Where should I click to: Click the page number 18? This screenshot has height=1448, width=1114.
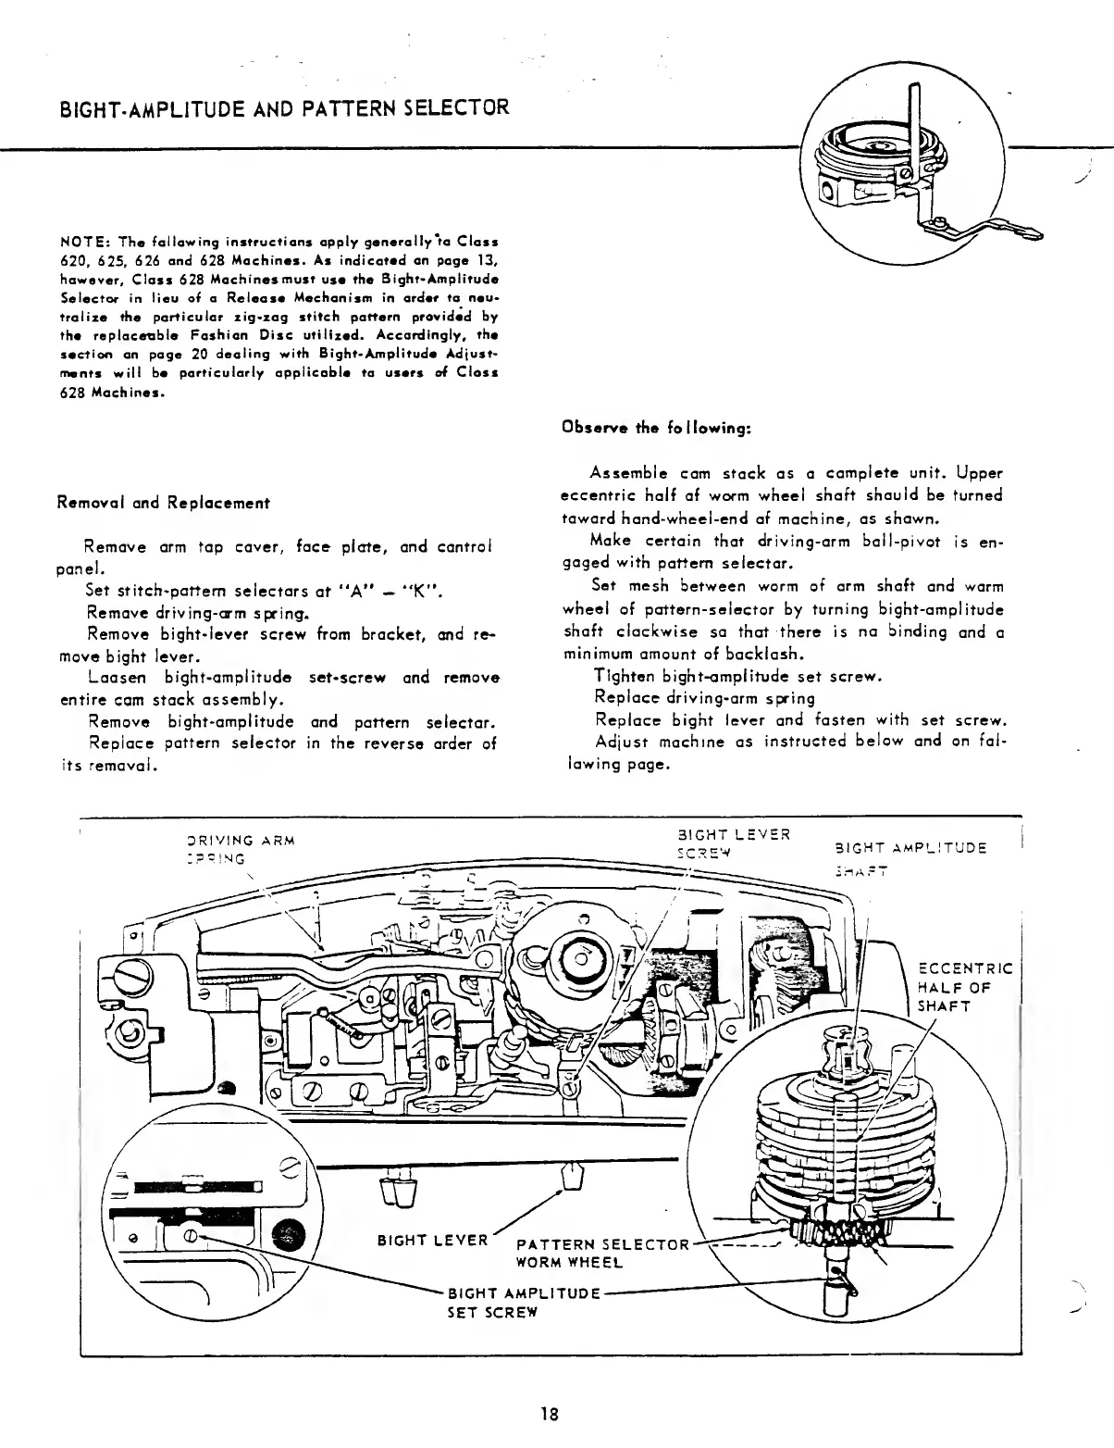point(550,1414)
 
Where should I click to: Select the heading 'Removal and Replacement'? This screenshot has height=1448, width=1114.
point(163,504)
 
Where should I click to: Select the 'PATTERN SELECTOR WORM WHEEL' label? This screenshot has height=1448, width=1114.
point(602,1252)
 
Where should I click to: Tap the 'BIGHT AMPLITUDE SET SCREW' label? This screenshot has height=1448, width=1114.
point(525,1301)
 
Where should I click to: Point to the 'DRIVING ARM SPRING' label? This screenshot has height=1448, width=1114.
point(239,849)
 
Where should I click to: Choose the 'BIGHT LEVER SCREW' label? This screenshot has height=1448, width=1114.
point(733,843)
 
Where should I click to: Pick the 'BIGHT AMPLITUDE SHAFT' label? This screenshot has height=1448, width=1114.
point(910,856)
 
